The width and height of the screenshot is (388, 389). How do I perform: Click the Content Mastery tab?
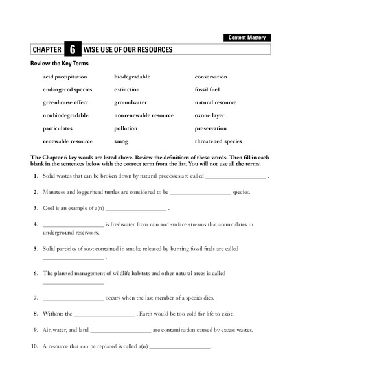(248, 38)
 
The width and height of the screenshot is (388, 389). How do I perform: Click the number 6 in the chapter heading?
(73, 50)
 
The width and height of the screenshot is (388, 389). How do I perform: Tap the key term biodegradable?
(132, 77)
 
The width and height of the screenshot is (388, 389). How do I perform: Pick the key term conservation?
(211, 77)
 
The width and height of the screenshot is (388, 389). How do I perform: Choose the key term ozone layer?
(210, 115)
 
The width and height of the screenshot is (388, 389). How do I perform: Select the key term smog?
(121, 141)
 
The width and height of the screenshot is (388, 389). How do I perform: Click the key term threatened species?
(218, 141)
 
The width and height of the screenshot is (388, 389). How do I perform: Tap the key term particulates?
(58, 128)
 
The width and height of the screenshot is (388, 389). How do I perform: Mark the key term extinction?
(127, 89)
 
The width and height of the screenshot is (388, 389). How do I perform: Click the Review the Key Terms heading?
(60, 64)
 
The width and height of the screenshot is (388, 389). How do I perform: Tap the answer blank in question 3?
(135, 209)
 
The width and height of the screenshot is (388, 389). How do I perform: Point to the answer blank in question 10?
(179, 347)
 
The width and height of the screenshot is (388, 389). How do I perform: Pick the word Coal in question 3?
(49, 208)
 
